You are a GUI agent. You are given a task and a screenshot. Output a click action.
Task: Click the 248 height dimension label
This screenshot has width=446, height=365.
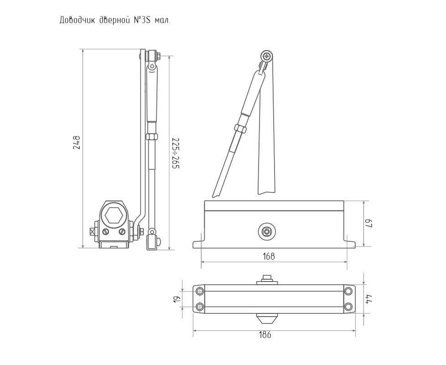pos(77,142)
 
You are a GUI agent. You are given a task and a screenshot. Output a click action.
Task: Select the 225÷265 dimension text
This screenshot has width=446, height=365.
pos(176,153)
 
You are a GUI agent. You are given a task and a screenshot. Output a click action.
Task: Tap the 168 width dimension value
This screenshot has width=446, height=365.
pos(269,256)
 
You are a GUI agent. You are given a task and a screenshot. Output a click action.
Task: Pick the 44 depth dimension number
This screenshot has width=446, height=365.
pos(368,299)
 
